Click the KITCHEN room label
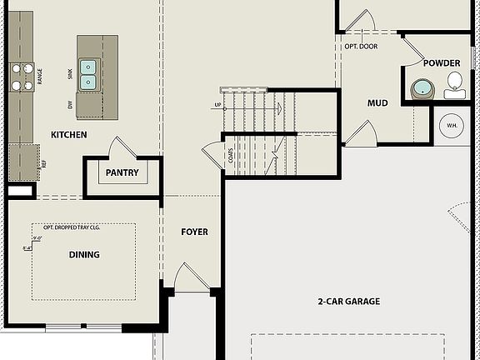point(69,134)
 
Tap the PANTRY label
point(122,173)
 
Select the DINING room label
point(84,255)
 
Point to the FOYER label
point(194,232)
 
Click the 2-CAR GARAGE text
point(349,301)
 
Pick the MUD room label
point(378,103)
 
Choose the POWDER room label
point(441,63)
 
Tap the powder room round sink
point(421,88)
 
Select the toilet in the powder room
point(454,83)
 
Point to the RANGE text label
point(39,77)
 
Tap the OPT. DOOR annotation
point(361,46)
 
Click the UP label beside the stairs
point(217,106)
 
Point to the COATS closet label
point(229,154)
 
